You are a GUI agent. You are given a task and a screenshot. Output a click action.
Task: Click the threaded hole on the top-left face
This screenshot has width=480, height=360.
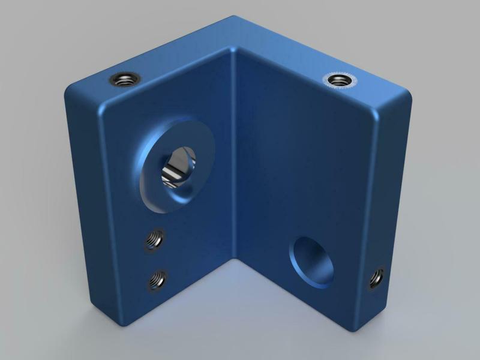pyautogui.click(x=125, y=79)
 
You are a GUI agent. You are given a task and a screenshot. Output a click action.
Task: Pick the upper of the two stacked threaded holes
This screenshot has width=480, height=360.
pyautogui.click(x=154, y=240)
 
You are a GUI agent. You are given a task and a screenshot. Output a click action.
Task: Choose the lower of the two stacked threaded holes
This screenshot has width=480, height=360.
pyautogui.click(x=158, y=279)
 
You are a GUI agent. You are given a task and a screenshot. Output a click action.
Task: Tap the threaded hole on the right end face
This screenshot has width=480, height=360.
pyautogui.click(x=376, y=277)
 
